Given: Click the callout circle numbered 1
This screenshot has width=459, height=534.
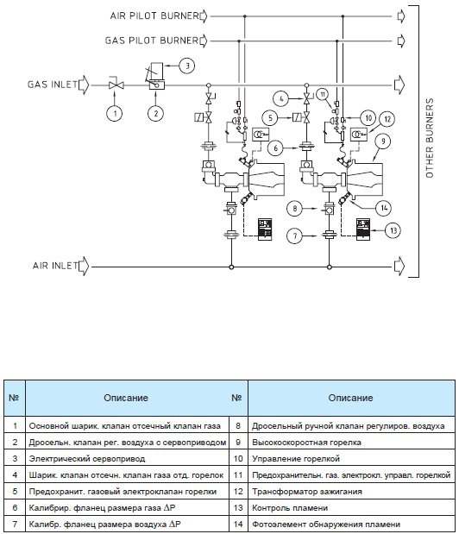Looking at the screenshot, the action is point(115,113).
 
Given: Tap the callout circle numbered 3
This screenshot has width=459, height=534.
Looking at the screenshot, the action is point(187,65).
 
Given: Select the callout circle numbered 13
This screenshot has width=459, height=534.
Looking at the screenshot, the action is point(393,230).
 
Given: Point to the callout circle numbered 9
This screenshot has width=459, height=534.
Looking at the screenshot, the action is point(383,141).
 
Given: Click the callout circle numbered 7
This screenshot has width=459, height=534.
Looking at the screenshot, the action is point(295,236).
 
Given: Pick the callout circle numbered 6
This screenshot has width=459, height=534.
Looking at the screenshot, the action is point(275,148).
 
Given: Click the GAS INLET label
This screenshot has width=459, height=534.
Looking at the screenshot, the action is point(53,85).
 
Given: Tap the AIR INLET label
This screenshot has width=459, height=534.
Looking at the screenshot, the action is point(55,266).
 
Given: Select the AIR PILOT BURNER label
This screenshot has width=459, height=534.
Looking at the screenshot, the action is point(154,16).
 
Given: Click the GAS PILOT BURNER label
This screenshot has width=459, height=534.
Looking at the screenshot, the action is point(152,41).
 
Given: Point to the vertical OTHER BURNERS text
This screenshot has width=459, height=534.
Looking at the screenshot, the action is point(430,138).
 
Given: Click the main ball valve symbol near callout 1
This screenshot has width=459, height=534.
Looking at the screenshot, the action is point(116,85).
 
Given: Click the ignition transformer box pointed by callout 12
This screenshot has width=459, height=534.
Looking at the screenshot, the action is point(359,135).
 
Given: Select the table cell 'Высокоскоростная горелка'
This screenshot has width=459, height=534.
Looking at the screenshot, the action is point(351,443).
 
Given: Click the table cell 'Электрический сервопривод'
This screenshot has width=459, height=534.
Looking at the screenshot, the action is point(127,459).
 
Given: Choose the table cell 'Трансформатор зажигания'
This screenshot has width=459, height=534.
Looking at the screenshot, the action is point(351,492).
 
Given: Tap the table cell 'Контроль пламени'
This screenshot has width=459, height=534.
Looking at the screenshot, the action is point(351,508).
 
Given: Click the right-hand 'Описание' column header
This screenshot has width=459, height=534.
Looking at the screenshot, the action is point(351,398).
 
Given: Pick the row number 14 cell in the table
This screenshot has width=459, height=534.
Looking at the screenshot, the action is point(238,525).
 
